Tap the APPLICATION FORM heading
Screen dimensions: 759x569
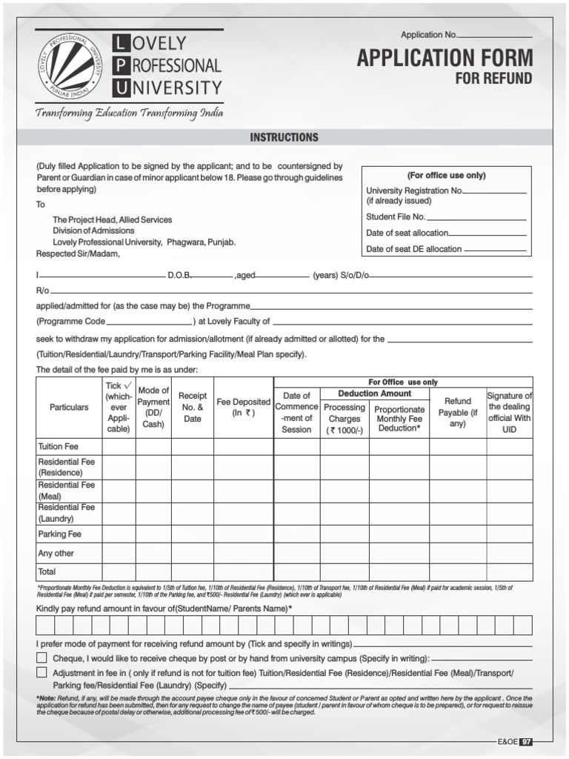coord(445,58)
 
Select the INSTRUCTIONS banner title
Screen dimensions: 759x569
coord(284,137)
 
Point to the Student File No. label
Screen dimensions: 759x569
coord(396,217)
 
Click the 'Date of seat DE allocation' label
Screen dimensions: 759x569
coord(413,249)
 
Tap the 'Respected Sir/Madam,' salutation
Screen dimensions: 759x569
coord(78,253)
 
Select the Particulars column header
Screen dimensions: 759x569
coord(69,408)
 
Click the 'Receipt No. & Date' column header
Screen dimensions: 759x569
coord(193,408)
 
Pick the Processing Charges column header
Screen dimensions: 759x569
coord(345,419)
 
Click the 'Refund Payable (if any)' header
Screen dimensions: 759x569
coord(458,412)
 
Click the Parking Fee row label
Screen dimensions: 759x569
coord(59,534)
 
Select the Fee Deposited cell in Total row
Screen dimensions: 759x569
coord(244,572)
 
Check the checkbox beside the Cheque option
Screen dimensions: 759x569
coord(42,658)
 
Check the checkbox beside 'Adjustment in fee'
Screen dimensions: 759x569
coord(42,672)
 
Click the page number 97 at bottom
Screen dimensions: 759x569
coord(526,742)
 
